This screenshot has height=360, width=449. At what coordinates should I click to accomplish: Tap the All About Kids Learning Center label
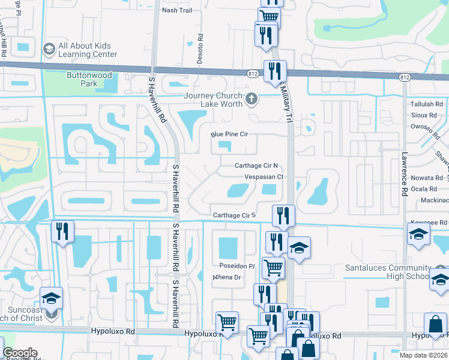click(x=88, y=50)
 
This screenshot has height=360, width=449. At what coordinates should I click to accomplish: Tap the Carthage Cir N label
click(x=256, y=166)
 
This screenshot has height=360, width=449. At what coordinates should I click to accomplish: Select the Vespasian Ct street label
click(x=264, y=177)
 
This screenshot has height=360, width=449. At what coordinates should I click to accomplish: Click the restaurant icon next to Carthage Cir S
click(x=283, y=216)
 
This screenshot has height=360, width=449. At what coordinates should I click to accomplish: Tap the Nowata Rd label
click(x=431, y=178)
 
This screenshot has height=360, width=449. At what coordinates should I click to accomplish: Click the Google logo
click(x=20, y=353)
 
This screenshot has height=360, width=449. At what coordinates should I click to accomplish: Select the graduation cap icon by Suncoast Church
click(x=52, y=298)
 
